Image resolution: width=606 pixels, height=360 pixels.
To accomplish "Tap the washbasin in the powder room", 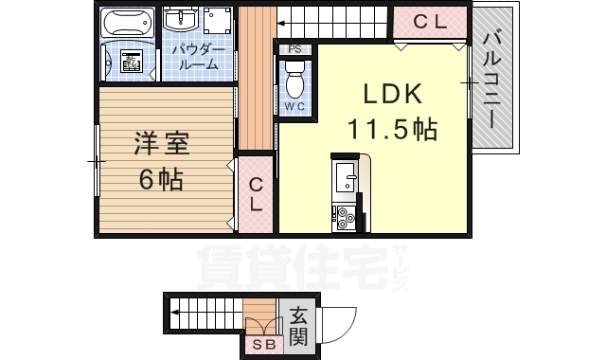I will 180,20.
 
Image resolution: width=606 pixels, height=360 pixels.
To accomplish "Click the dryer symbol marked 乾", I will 131,62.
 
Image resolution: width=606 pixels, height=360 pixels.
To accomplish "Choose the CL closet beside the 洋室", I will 256,195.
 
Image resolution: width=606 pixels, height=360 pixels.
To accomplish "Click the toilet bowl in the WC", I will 294,82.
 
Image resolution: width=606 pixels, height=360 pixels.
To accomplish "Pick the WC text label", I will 294,107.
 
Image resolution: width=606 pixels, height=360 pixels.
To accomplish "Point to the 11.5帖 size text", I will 392,128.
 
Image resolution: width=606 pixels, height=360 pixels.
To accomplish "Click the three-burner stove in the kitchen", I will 345,217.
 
